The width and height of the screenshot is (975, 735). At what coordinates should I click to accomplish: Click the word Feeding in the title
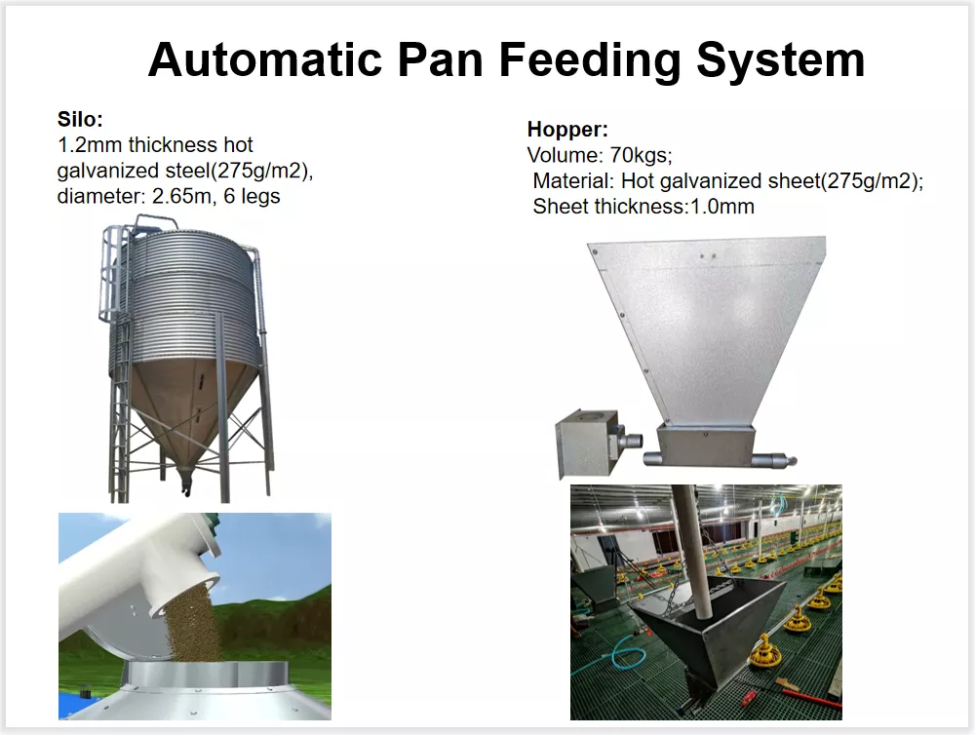(590, 60)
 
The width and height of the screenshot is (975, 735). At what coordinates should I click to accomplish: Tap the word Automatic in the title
(265, 59)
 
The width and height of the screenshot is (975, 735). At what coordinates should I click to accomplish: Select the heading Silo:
(80, 119)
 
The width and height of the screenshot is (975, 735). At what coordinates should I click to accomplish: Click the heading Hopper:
(567, 130)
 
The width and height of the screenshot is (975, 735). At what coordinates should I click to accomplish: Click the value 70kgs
(641, 155)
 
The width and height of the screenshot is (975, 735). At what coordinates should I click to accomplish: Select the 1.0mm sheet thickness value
(722, 207)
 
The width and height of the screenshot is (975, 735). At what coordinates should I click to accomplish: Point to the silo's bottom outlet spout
(184, 480)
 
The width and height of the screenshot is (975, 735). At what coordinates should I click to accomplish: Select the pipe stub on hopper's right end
(774, 461)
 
